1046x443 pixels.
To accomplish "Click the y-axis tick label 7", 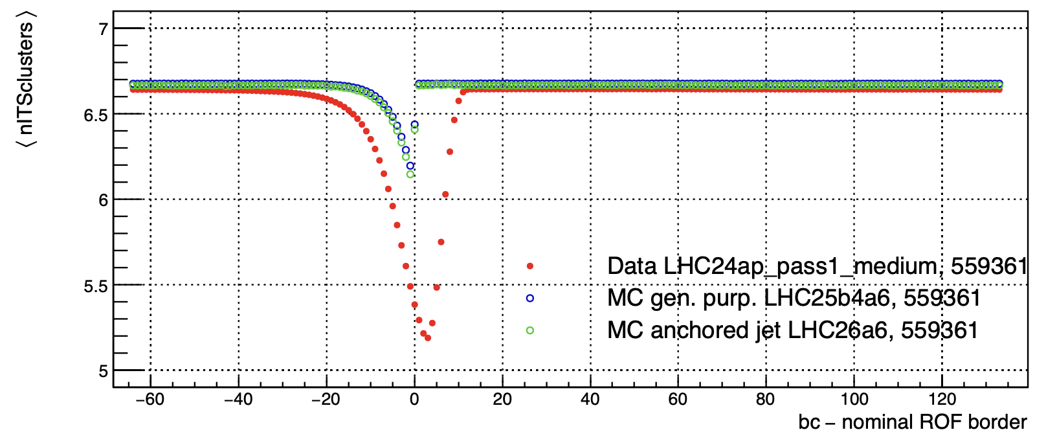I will pos(103,30).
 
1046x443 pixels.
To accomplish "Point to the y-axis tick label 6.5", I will pos(97,115).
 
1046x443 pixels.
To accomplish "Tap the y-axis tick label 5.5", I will pos(97,286).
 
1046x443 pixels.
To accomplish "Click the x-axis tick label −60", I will pos(150,400).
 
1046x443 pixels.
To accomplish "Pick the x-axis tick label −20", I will pos(326,400).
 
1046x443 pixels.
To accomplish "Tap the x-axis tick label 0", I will pos(414,400).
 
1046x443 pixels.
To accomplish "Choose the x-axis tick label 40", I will pos(590,400).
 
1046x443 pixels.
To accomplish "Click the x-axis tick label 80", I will pos(765,400).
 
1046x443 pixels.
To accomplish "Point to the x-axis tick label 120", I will pos(941,400).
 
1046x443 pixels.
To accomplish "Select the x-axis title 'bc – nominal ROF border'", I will pos(913,422).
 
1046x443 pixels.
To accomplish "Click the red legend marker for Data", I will pos(530,266).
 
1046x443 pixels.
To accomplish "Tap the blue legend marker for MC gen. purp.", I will pos(530,298).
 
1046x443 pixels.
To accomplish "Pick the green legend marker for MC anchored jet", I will pos(530,330).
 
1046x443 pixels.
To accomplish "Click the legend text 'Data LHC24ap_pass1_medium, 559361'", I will pos(817,266).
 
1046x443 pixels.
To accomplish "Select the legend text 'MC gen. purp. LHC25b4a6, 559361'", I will pos(794,298).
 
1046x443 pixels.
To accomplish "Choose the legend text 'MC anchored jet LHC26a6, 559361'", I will pos(792,330).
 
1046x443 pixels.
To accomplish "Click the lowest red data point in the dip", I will pos(428,338).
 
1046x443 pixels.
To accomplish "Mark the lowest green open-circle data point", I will pos(410,174).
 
